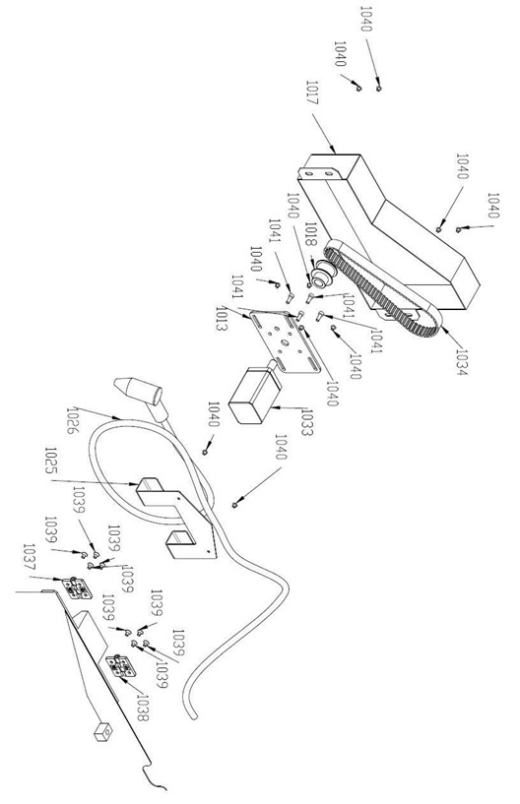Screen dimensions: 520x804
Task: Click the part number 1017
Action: coord(312,93)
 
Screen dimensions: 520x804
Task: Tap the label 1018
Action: coord(311,235)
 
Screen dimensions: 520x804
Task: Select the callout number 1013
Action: coord(222,318)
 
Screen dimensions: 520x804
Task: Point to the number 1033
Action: coord(306,421)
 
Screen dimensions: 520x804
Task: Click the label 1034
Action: coord(461,362)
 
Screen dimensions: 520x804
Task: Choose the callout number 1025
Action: coord(51,461)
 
